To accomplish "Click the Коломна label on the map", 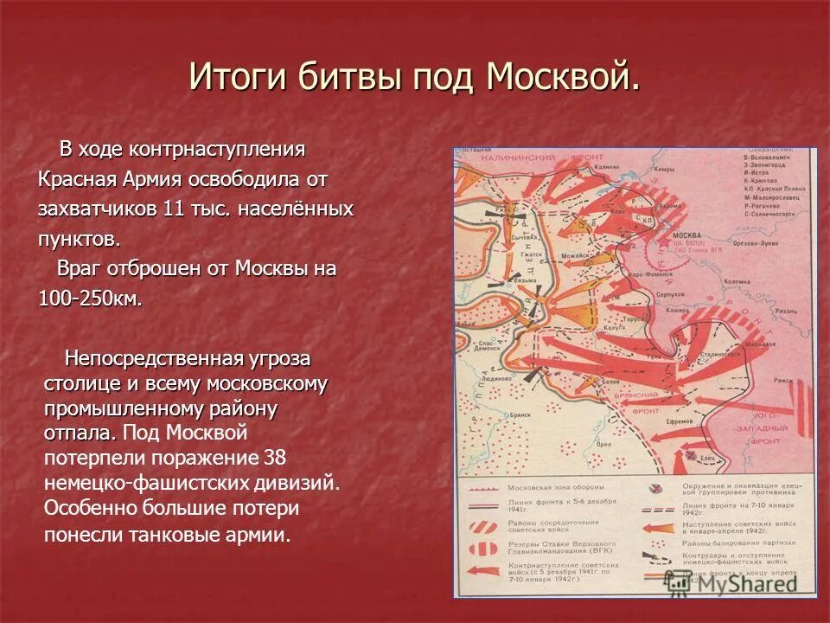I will point(739,281).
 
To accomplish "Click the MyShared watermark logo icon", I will point(686,581).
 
